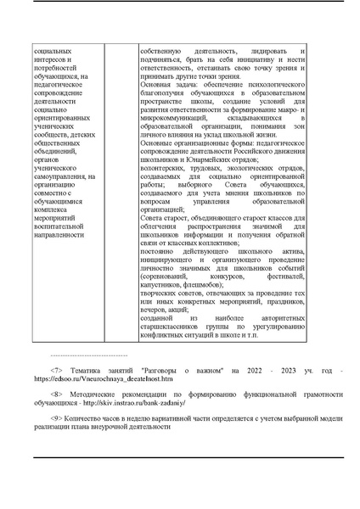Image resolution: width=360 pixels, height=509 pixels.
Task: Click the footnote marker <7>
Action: click(57, 371)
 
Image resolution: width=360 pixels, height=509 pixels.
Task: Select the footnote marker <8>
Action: click(57, 394)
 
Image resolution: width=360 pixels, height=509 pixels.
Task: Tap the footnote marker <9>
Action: click(57, 418)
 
